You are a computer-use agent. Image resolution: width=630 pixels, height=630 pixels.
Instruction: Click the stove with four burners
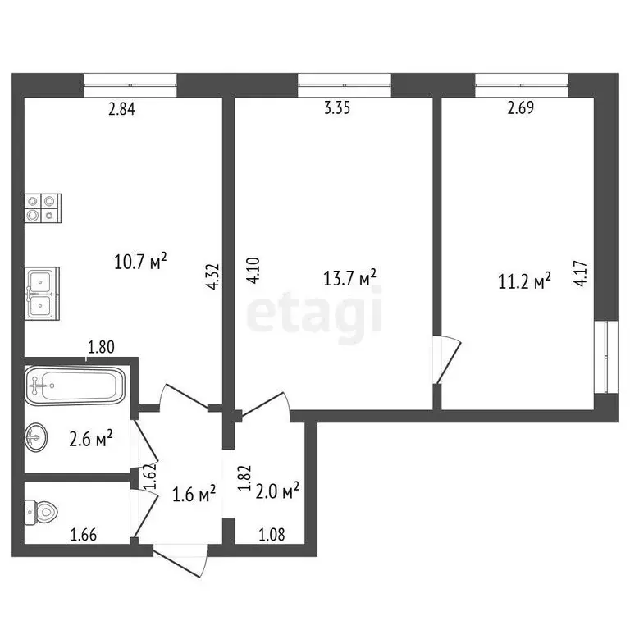(43, 208)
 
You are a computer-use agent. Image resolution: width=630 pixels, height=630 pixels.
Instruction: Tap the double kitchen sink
(41, 293)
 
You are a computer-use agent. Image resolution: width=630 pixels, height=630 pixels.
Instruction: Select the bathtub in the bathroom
(75, 385)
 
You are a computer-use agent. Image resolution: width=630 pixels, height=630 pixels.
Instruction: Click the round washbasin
(37, 436)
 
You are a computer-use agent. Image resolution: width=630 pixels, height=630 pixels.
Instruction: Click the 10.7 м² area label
(141, 262)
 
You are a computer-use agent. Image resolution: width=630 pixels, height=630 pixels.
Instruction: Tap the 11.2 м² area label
(523, 283)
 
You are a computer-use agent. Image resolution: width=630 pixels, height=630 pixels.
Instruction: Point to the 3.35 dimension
(337, 110)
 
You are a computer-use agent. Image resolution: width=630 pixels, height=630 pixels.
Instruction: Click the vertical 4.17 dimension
(581, 272)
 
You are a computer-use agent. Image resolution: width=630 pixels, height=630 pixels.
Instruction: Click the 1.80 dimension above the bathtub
(101, 348)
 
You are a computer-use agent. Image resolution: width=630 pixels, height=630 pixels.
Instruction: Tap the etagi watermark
(315, 312)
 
